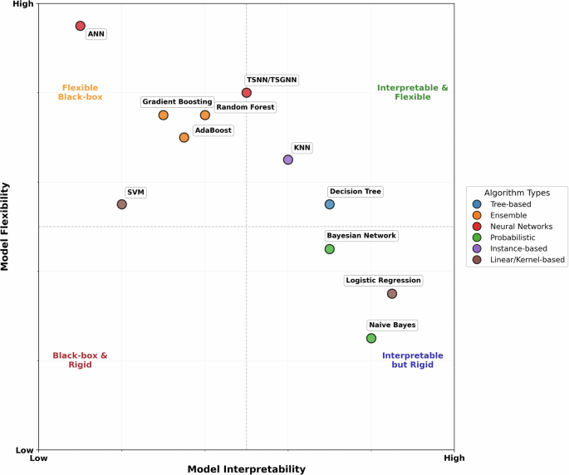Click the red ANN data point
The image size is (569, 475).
81,26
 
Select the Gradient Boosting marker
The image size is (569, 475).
164,115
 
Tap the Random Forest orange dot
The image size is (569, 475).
205,115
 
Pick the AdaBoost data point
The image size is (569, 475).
184,137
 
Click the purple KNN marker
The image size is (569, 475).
288,159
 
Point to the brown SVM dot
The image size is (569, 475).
122,204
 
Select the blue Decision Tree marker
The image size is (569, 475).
330,204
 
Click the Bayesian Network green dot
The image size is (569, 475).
330,249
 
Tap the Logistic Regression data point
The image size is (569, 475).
392,293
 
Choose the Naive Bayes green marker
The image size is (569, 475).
371,338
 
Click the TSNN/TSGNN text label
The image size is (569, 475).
272,80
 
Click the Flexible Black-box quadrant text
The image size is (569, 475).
80,92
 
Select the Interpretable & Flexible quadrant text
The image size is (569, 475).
413,92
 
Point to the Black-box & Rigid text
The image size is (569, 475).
80,360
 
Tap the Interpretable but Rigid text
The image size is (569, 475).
413,360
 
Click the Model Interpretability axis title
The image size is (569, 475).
247,468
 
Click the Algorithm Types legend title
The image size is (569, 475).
517,192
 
